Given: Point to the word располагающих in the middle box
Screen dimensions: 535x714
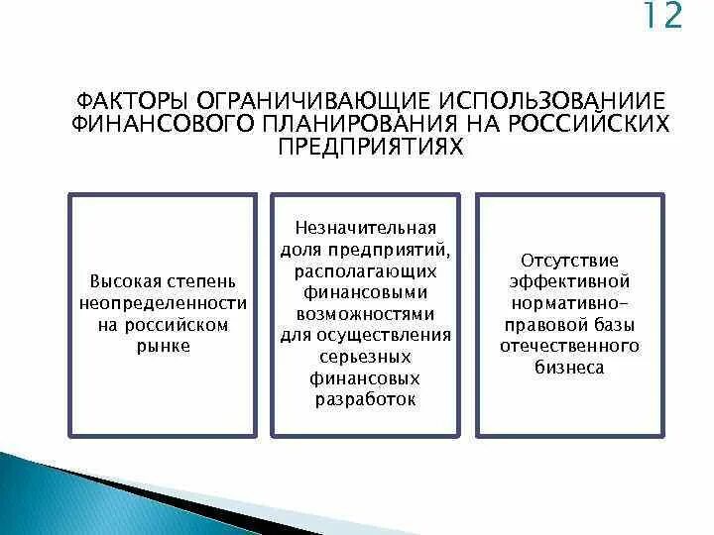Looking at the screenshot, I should pyautogui.click(x=366, y=270).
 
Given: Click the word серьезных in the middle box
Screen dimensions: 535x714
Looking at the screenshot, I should pyautogui.click(x=366, y=356).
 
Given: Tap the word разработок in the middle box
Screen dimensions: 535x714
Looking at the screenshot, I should pyautogui.click(x=366, y=398).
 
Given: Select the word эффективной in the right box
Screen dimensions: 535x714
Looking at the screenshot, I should pyautogui.click(x=570, y=281).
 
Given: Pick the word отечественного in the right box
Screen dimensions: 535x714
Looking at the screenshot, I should pyautogui.click(x=570, y=346).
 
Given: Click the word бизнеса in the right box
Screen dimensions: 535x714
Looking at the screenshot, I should pyautogui.click(x=570, y=367).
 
